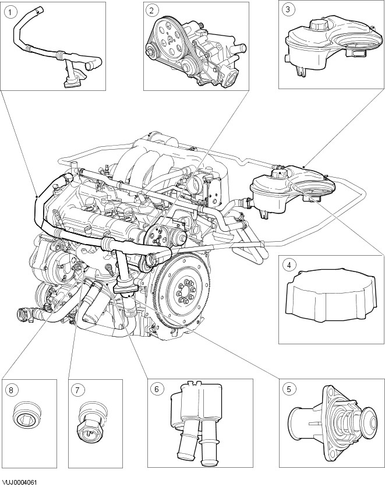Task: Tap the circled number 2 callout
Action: (x=151, y=10)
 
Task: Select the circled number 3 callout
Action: (x=288, y=9)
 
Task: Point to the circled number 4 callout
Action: (x=289, y=265)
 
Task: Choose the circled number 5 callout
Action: (x=289, y=389)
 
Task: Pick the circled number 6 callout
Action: (x=157, y=389)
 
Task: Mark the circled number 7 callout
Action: (x=77, y=390)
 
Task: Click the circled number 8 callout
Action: (x=11, y=390)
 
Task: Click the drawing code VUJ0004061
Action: (x=19, y=482)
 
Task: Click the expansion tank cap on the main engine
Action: (x=280, y=175)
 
